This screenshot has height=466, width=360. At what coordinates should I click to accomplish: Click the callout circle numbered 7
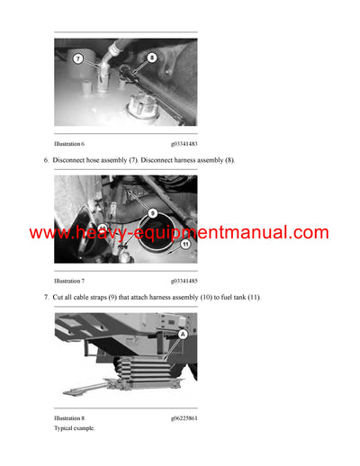click(x=77, y=58)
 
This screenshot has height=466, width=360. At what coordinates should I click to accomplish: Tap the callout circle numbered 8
click(x=151, y=57)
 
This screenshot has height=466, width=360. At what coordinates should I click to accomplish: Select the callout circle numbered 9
click(x=153, y=212)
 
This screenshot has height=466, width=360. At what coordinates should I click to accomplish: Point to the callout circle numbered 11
click(x=185, y=244)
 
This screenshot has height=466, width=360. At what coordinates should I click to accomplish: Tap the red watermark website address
click(x=179, y=233)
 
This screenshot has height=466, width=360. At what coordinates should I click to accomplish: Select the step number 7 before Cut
click(x=46, y=297)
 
